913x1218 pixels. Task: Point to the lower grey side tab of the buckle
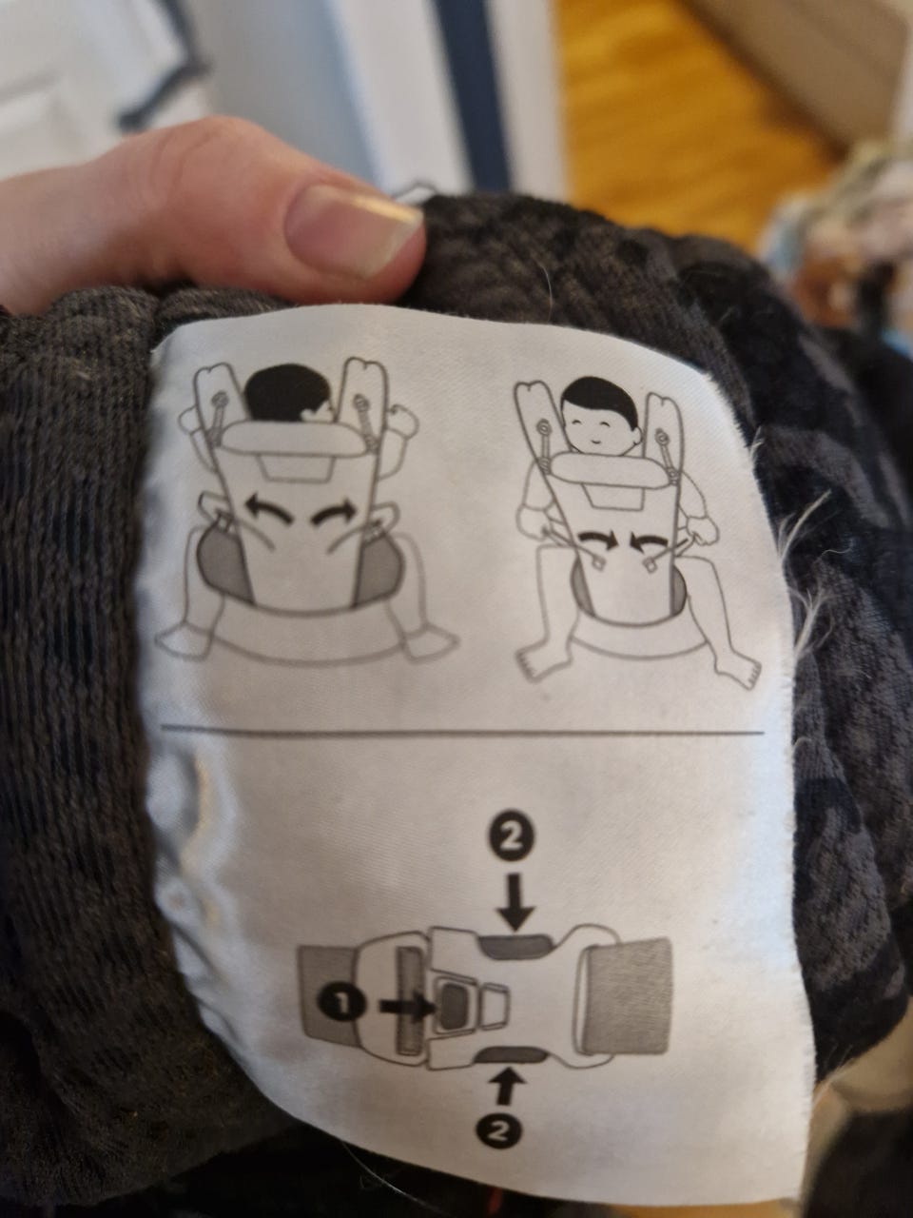tap(513, 1036)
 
